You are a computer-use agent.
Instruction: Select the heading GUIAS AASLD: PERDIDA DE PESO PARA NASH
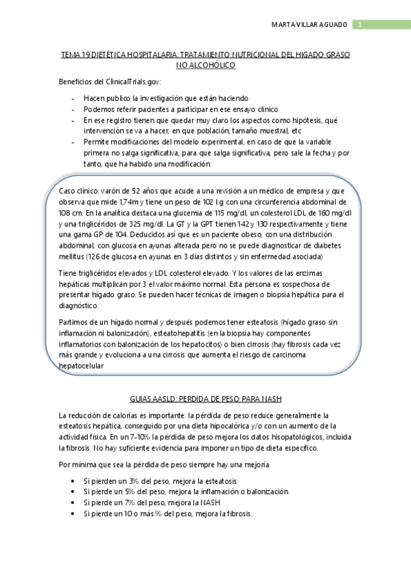206,399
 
